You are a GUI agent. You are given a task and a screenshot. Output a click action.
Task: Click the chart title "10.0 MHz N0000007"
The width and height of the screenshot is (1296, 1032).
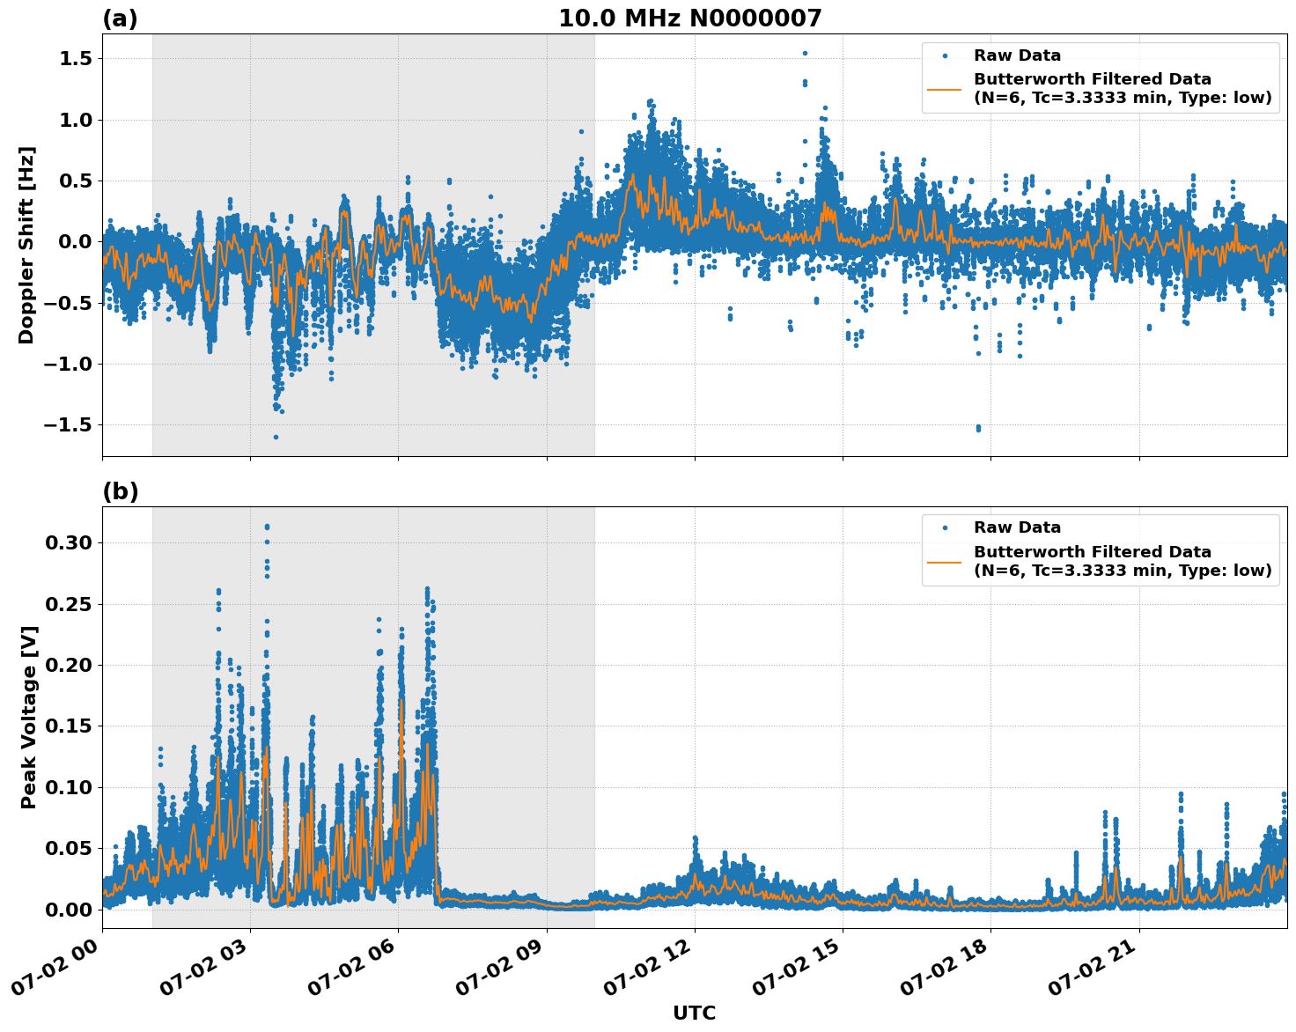pos(689,18)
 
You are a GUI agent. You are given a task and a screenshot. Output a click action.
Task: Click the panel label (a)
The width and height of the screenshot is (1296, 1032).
pos(120,18)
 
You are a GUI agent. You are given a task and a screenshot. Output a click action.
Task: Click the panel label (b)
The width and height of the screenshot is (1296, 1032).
pos(120,491)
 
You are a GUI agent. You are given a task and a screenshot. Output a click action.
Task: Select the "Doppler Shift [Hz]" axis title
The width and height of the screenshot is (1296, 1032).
pos(26,245)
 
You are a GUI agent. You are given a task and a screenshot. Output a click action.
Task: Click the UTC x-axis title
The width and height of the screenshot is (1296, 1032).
pos(694,1013)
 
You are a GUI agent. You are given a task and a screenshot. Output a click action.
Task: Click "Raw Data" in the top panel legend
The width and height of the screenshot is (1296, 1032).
pos(1017,55)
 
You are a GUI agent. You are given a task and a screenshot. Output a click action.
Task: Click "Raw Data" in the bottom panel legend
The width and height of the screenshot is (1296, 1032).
pos(1017,527)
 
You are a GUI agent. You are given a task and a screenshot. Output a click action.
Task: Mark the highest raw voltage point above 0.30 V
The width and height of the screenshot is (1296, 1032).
pos(267,527)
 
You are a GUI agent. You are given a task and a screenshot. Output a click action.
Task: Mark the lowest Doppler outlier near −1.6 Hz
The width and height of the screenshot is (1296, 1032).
pos(276,437)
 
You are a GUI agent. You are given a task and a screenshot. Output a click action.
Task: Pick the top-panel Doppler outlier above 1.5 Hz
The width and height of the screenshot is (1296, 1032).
pos(805,53)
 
